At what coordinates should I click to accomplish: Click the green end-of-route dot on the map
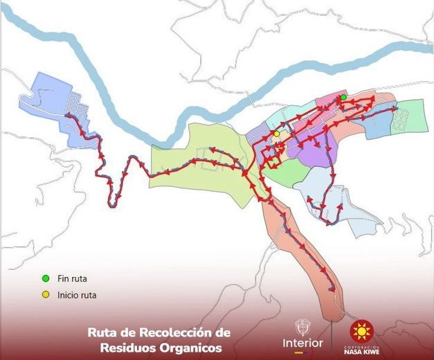[343, 98]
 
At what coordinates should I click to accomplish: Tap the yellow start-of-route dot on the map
[276, 134]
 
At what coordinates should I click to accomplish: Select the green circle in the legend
[46, 278]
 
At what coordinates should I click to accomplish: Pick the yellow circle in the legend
[46, 294]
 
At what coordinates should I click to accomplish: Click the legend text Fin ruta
[73, 279]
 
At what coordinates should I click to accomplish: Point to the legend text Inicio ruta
[78, 295]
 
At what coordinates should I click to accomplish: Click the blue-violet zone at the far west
[52, 97]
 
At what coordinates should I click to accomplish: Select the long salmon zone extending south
[305, 256]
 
